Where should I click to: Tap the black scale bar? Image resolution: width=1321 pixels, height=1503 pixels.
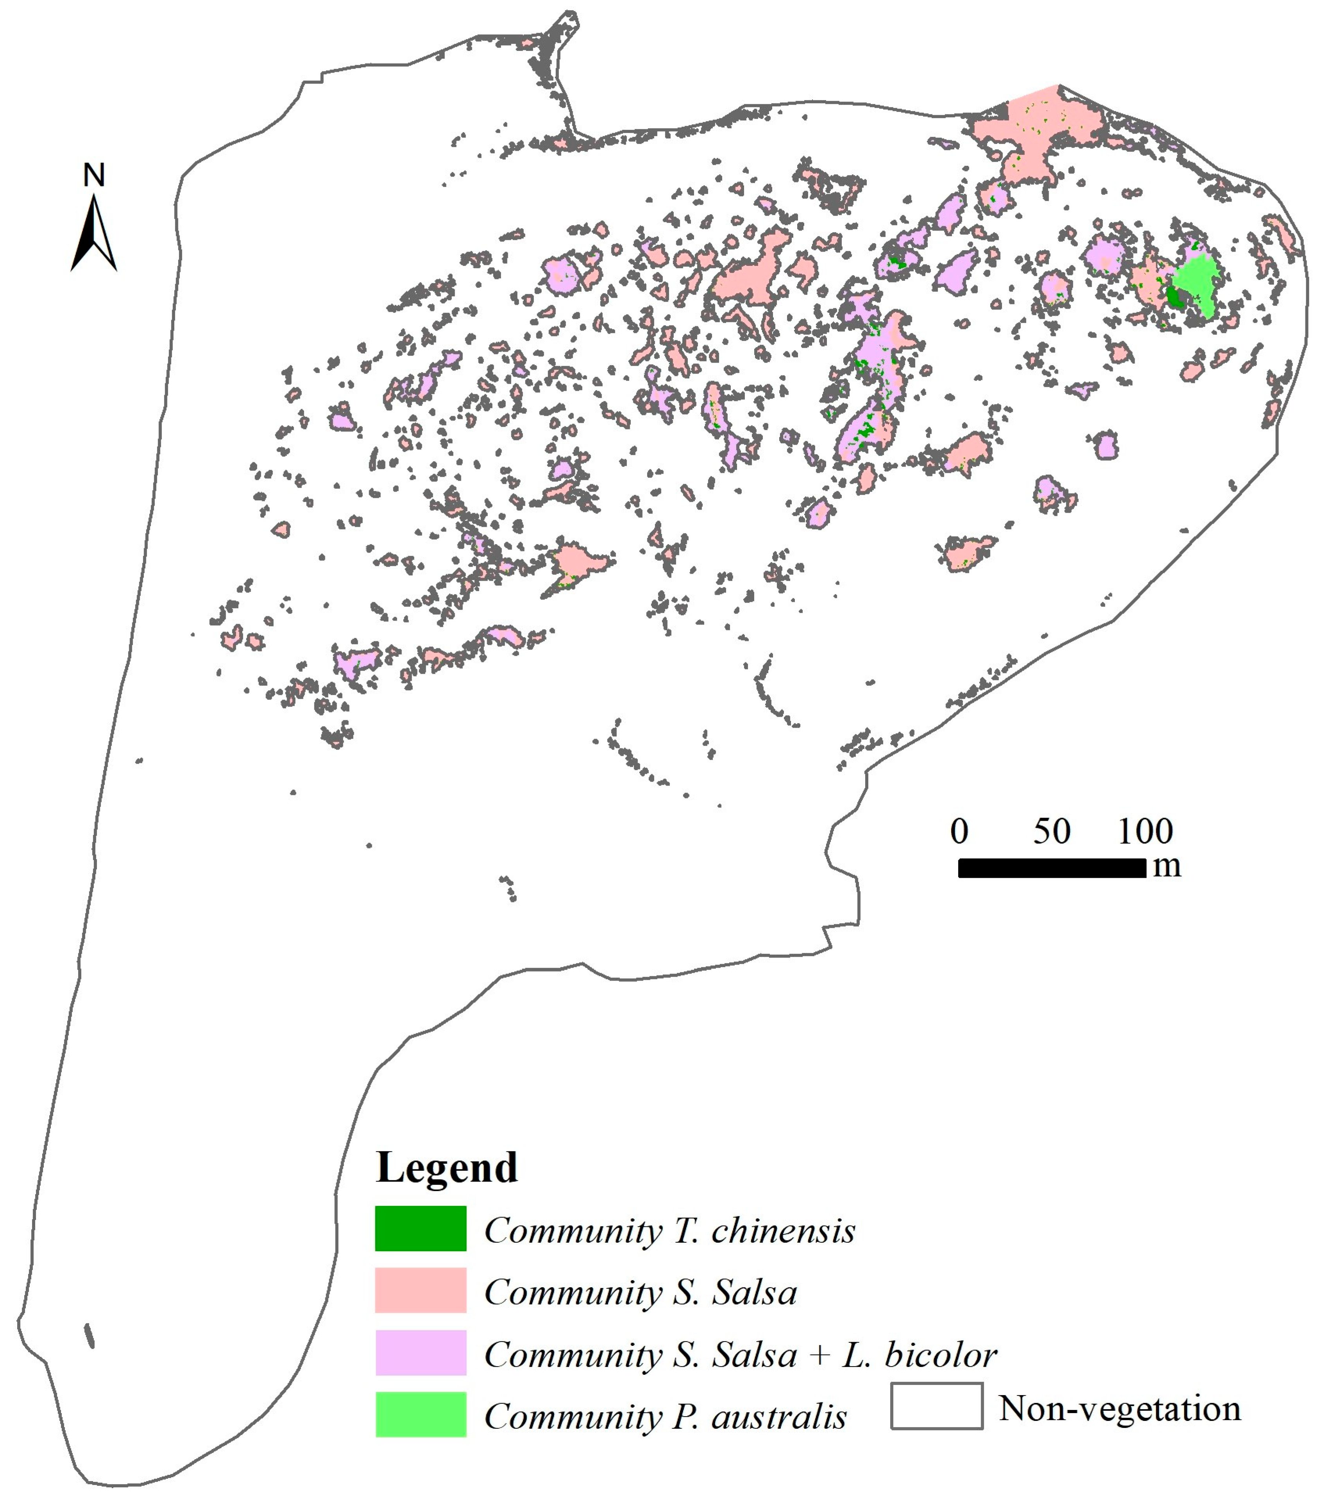click(x=1051, y=868)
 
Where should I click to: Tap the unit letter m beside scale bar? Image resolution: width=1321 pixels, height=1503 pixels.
click(x=1167, y=866)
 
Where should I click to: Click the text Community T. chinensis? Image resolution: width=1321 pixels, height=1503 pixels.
click(x=669, y=1230)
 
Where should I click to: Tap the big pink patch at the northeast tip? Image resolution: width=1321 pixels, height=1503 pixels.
click(x=1037, y=125)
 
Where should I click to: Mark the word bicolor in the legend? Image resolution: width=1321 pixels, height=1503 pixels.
click(x=941, y=1354)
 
